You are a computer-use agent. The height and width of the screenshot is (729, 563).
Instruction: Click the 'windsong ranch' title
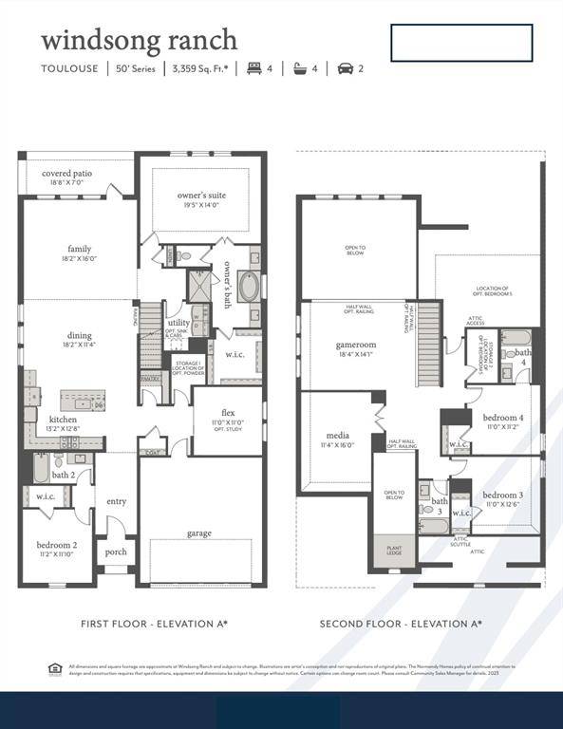(139, 41)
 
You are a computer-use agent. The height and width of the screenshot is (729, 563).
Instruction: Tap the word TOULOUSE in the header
(68, 68)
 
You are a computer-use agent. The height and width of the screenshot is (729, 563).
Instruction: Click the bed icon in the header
(253, 68)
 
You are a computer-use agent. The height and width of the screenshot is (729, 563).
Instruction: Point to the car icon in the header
(345, 68)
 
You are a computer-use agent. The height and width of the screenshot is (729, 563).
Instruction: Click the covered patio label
(66, 174)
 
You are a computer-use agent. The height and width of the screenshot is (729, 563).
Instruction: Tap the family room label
(79, 249)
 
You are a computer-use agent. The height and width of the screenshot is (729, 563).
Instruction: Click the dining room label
(79, 334)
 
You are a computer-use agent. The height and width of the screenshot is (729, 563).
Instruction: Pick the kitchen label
(64, 419)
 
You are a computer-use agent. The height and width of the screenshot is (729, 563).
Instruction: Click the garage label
(199, 533)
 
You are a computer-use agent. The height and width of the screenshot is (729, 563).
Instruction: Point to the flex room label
(228, 413)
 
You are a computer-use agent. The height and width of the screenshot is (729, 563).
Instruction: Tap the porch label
(115, 551)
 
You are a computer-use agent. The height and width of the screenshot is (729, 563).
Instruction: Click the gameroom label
(356, 345)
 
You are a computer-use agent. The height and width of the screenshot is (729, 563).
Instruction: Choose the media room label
(337, 436)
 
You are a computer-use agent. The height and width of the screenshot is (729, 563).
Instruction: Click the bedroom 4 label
(500, 418)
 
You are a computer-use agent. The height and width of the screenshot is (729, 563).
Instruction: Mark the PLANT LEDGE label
(393, 551)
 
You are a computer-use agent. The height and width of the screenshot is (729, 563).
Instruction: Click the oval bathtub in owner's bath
(248, 287)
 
